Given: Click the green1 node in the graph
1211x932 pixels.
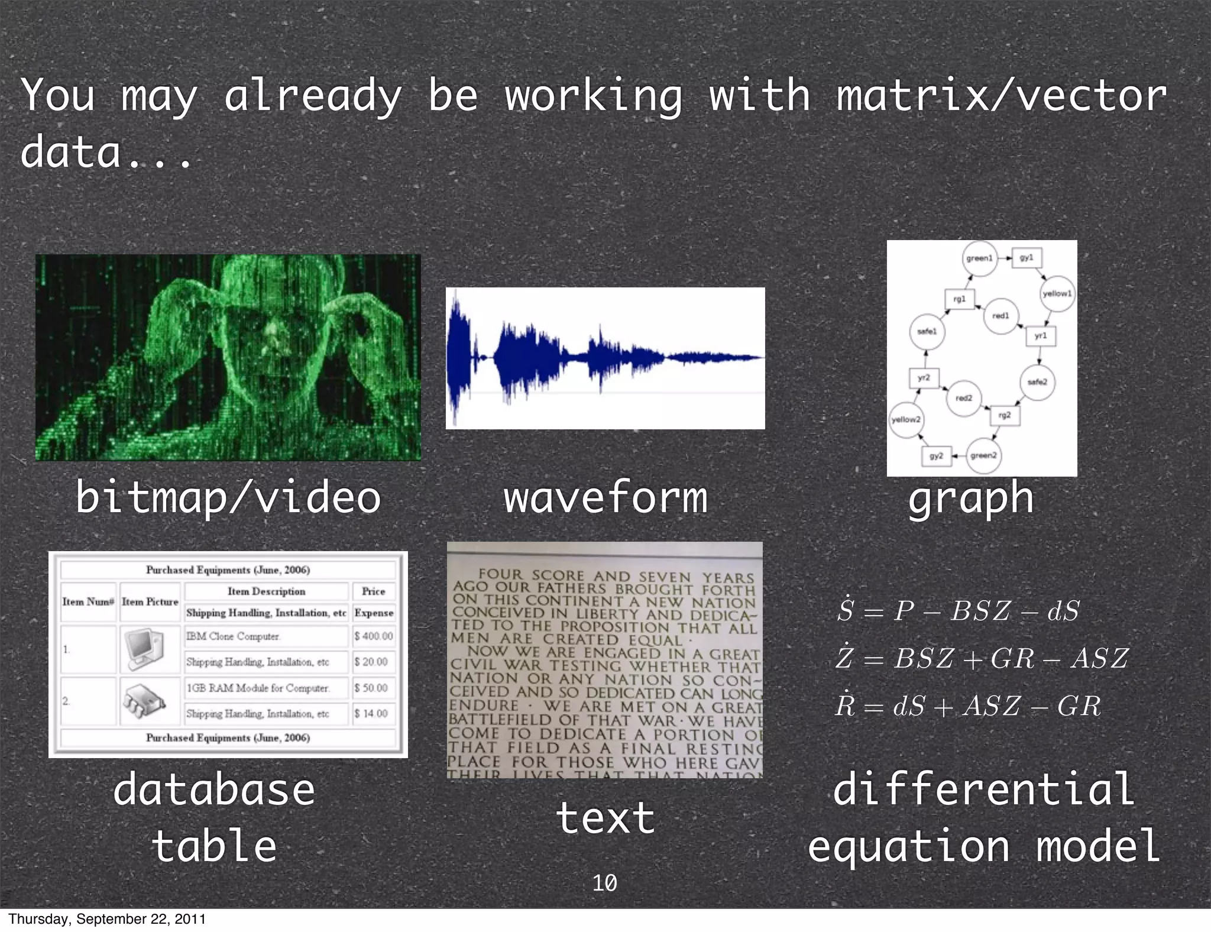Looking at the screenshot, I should (979, 258).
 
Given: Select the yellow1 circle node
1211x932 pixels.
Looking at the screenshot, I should (1057, 293).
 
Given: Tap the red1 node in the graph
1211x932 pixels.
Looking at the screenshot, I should (1000, 316).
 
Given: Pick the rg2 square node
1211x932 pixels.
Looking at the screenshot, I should (1005, 415).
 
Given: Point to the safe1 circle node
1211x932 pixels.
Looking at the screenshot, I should (927, 331).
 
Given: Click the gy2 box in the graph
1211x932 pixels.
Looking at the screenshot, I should (936, 456).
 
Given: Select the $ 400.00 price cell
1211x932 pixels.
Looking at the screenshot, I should (374, 636).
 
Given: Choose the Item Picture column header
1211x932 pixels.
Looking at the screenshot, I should (150, 601).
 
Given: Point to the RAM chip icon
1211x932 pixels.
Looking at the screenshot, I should (144, 701).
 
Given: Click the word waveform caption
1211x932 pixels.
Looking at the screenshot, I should (605, 498).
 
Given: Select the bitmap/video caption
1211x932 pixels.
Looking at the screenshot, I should (228, 498).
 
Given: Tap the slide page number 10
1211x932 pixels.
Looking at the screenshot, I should (604, 883).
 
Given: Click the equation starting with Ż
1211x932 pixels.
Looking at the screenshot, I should (982, 658).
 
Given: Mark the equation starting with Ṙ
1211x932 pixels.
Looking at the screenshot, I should (968, 706).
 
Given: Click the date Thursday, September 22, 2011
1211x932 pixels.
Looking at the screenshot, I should (107, 919).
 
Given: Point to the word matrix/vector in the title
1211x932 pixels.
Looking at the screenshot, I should (1000, 96).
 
